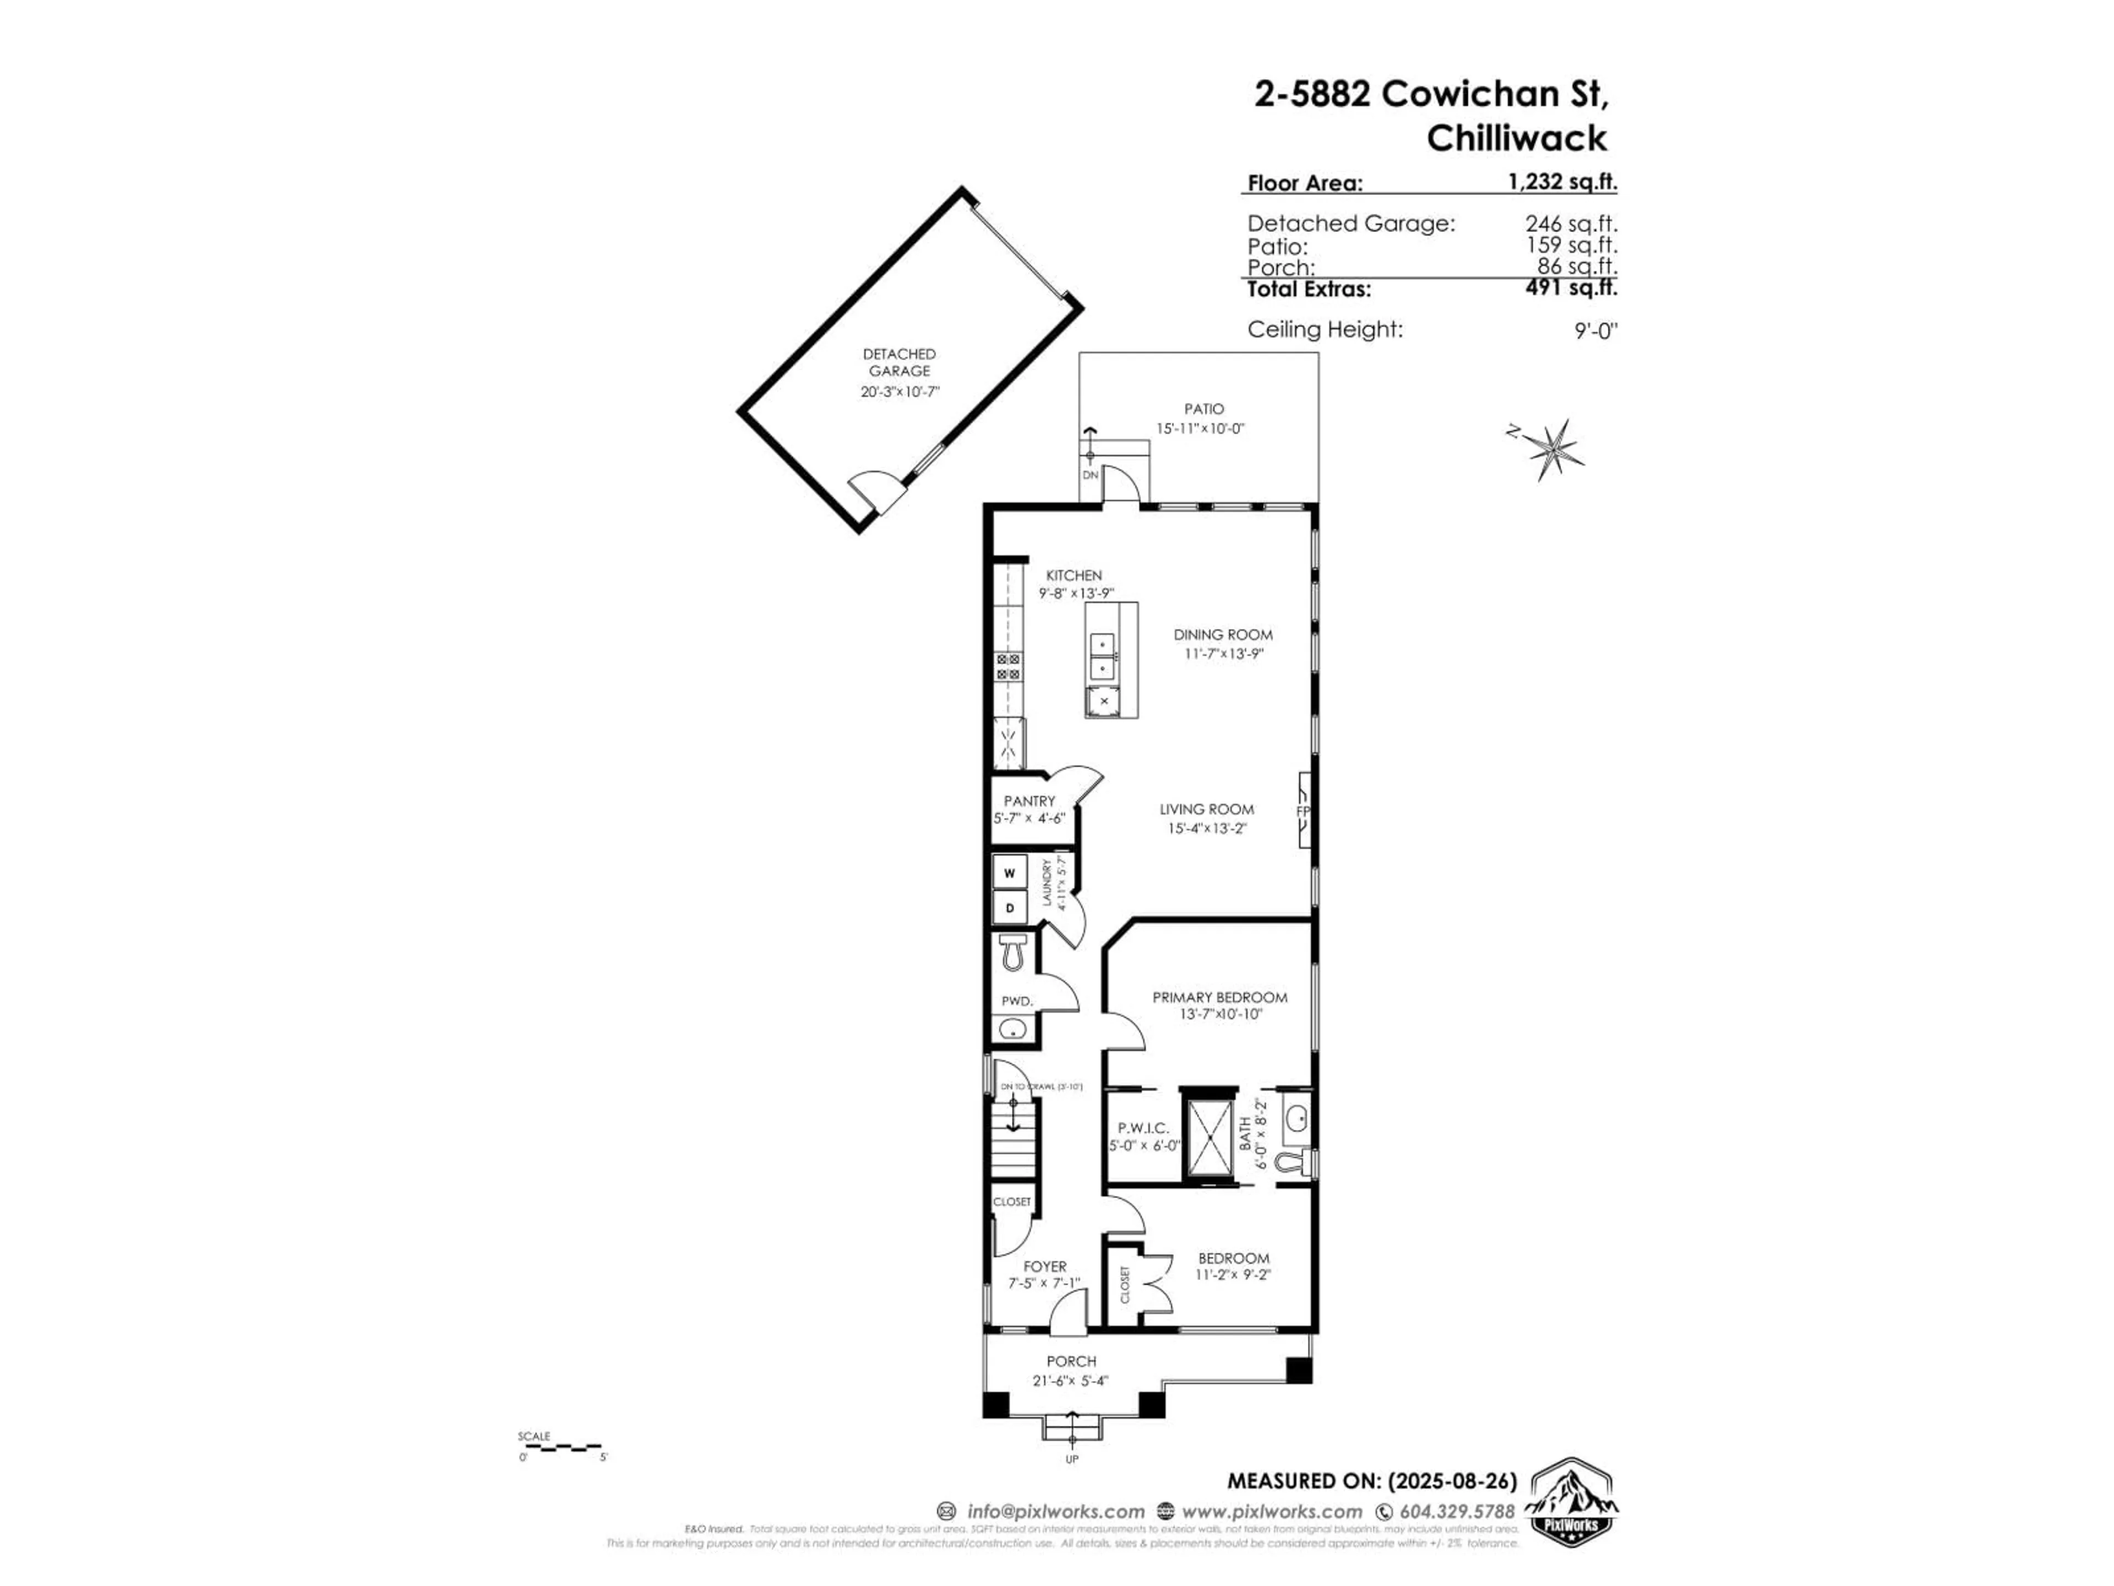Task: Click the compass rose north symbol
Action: click(1553, 447)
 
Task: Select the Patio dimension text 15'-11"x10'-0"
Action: click(1200, 429)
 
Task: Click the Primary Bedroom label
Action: click(1219, 997)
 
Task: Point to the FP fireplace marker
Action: click(1303, 811)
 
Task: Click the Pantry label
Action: click(1029, 801)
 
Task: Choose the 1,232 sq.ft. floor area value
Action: click(1562, 182)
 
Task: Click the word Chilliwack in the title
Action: click(1517, 139)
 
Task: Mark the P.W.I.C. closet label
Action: click(1143, 1128)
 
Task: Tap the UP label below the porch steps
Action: click(1072, 1486)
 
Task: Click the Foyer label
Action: click(1044, 1267)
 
